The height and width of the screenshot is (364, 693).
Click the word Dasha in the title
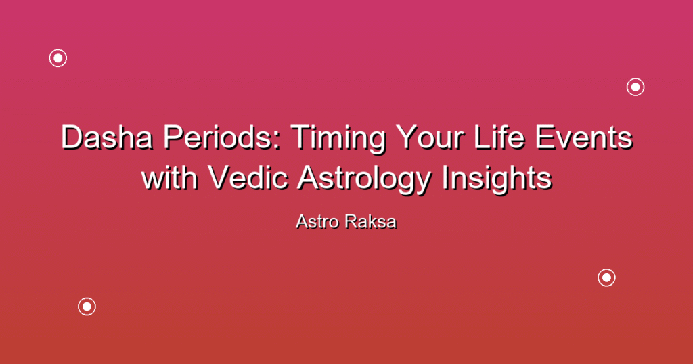106,137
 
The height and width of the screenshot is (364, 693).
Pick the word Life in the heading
499,137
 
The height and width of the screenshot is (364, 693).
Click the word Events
584,137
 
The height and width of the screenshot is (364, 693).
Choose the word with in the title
169,177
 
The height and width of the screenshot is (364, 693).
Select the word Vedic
248,177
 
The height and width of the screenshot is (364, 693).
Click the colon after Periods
277,140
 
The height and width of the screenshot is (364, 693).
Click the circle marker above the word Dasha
58,49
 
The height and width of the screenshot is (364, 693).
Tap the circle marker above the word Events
635,78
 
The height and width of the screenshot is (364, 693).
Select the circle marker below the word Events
606,269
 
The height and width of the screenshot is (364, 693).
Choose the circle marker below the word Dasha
87,298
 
